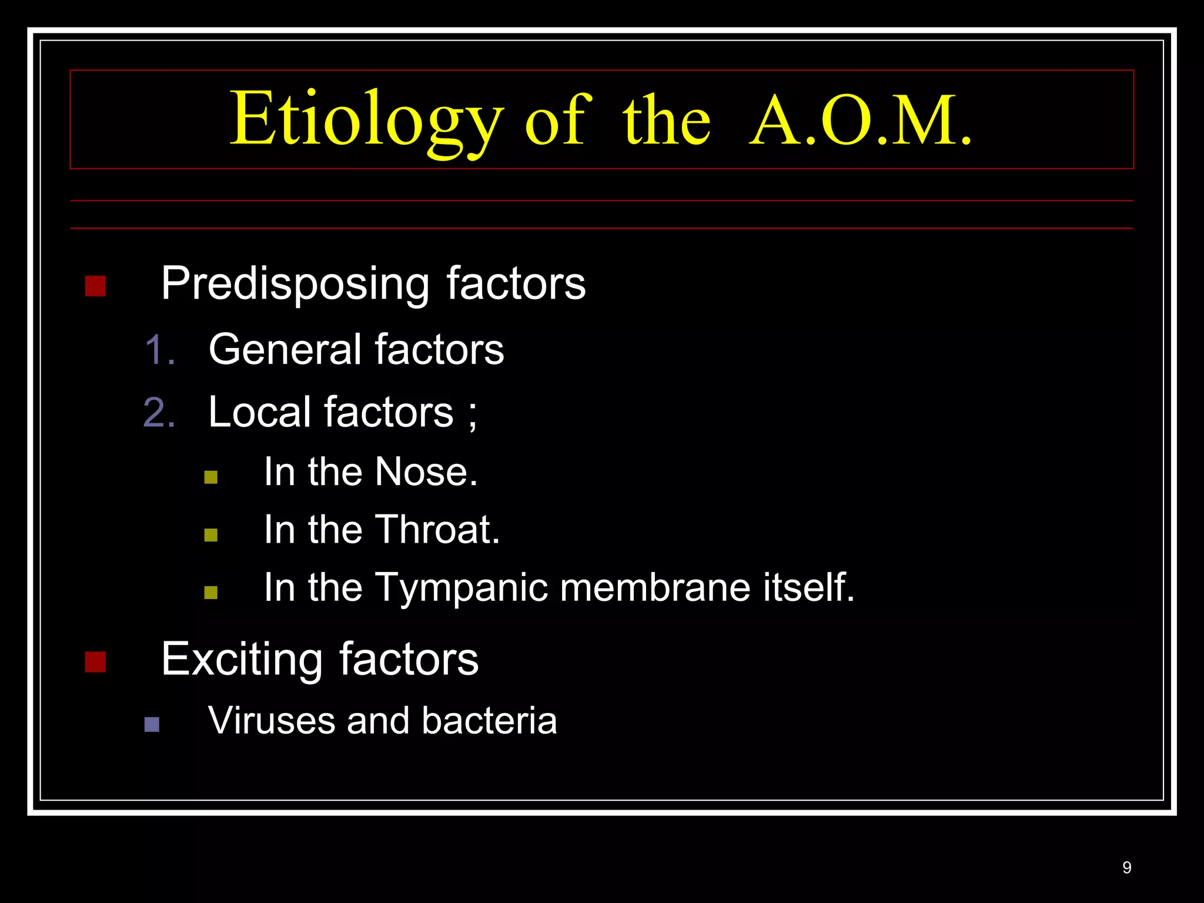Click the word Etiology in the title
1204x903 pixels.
tap(366, 120)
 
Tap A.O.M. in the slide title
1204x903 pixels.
tap(861, 121)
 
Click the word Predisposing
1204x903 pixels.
tap(295, 285)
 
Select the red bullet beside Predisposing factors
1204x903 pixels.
tap(95, 286)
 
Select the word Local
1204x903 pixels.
tap(259, 412)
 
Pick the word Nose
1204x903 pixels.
tap(426, 471)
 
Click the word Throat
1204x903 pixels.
tap(437, 529)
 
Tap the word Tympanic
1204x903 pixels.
tap(460, 588)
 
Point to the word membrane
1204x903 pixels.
tap(655, 587)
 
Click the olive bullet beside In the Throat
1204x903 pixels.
tap(211, 534)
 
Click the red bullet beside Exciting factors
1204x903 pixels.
tap(95, 662)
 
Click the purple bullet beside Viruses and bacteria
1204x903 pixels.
tap(152, 724)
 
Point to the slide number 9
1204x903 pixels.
tap(1126, 867)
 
